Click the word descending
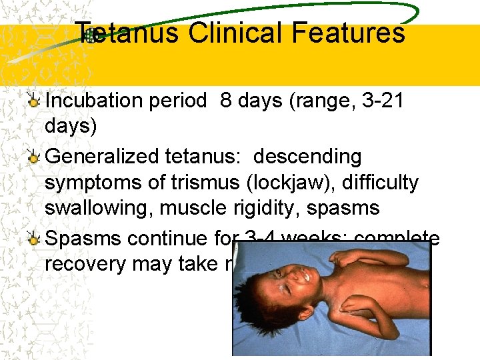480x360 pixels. coord(308,157)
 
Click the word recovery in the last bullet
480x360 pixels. coord(85,263)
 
